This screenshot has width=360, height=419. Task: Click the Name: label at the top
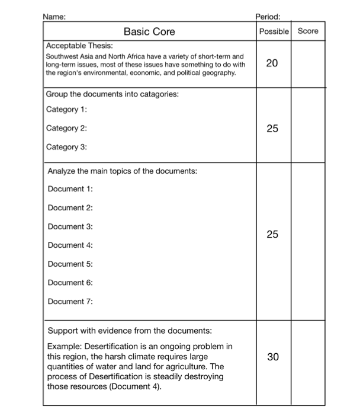click(56, 17)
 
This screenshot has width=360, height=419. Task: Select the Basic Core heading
click(149, 31)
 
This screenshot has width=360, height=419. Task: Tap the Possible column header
click(273, 31)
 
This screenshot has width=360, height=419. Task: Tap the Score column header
click(307, 31)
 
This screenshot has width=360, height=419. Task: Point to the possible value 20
click(272, 64)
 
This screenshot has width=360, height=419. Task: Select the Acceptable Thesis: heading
click(79, 46)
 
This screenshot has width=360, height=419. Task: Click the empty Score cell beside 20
click(307, 64)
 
